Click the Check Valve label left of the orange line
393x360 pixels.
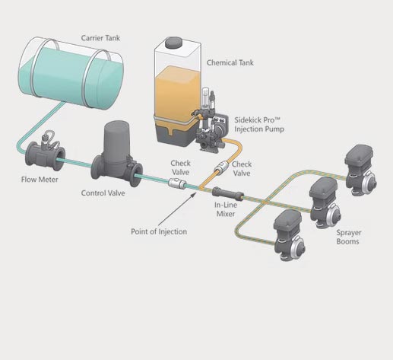[x=181, y=167]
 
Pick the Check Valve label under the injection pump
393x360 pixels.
[x=242, y=168]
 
